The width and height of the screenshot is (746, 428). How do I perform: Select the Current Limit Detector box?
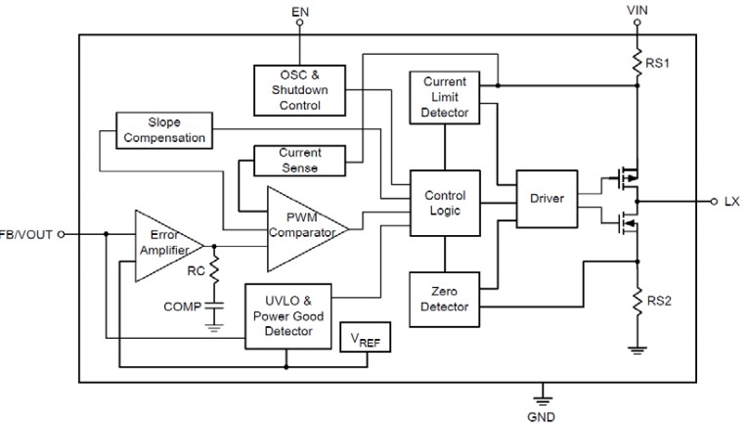pyautogui.click(x=445, y=97)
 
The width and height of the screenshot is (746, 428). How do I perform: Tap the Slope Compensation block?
pyautogui.click(x=163, y=130)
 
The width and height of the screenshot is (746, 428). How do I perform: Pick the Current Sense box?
pyautogui.click(x=298, y=161)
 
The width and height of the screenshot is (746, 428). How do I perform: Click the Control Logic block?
pyautogui.click(x=445, y=204)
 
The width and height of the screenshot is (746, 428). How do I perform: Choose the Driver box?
pyautogui.click(x=547, y=199)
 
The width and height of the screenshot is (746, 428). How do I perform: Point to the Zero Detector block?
pyautogui.click(x=445, y=300)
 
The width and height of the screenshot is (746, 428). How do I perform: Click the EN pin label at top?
pyautogui.click(x=301, y=11)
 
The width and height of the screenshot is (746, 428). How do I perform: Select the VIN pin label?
pyautogui.click(x=636, y=11)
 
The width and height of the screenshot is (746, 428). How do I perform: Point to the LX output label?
pyautogui.click(x=732, y=201)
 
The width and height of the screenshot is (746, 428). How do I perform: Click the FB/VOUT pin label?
pyautogui.click(x=25, y=234)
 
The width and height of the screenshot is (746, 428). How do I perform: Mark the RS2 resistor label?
pyautogui.click(x=659, y=301)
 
